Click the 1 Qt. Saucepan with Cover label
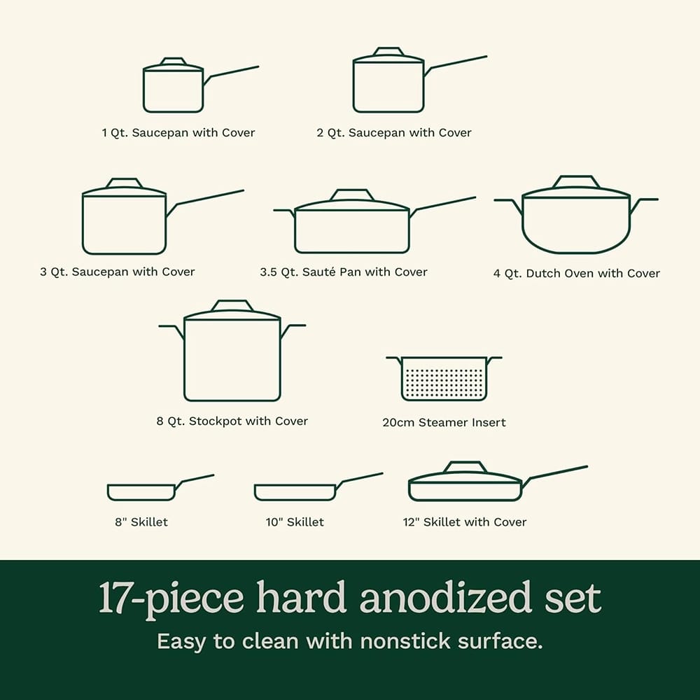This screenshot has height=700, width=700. [178, 132]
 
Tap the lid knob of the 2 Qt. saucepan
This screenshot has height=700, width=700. [388, 52]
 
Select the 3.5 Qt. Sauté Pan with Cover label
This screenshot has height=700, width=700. [343, 272]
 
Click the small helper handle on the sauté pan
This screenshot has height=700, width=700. [284, 211]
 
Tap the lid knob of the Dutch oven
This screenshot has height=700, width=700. [575, 182]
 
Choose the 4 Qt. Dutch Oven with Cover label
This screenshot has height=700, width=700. [576, 273]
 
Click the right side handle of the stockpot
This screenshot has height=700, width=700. [292, 328]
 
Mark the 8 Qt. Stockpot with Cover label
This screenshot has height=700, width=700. [232, 421]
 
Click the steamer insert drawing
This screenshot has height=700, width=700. [444, 379]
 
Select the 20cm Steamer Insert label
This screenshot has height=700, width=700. [444, 422]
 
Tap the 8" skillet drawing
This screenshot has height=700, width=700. [141, 492]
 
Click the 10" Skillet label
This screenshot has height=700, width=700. [295, 521]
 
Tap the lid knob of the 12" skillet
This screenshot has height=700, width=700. [465, 467]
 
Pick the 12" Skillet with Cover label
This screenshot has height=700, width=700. [465, 521]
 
